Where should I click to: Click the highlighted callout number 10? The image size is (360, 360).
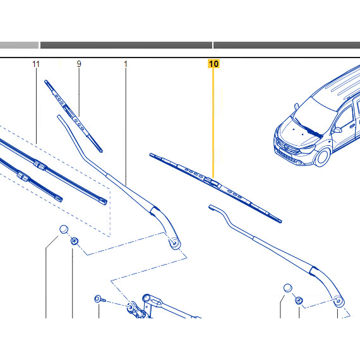coord(213,64)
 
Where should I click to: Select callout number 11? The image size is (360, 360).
coord(36,64)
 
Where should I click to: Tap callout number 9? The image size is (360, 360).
coord(79,64)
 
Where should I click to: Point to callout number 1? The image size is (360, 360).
coord(126,64)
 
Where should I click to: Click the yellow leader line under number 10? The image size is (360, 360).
coord(213,123)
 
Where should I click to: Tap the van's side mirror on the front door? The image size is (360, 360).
coord(337,130)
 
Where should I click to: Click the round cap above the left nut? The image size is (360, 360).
coord(64,229)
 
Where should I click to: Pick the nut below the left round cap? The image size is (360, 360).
coord(74,241)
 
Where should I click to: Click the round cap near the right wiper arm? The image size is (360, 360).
coord(288,288)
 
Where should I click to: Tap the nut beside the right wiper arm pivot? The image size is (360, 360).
coord(299,300)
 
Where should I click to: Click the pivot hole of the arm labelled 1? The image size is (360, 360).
coord(174,243)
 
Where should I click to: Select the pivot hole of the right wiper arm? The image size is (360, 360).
coord(338,301)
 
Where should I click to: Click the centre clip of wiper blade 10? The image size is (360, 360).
coord(212,182)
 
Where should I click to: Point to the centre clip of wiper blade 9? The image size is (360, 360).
coord(69,111)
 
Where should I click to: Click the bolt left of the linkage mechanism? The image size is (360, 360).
coord(100,299)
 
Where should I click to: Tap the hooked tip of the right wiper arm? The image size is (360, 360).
coord(212,208)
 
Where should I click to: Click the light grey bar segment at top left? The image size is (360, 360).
coord(19,45)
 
